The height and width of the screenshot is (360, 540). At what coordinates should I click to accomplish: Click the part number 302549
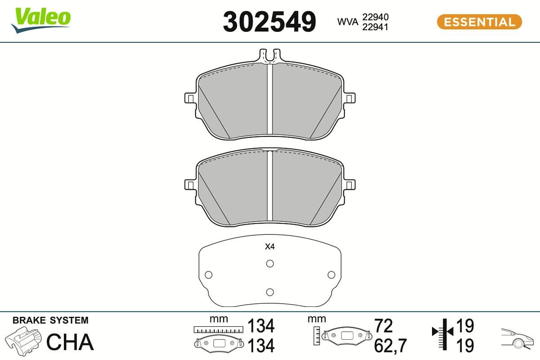tap(270, 21)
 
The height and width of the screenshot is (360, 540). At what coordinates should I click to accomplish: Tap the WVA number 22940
tap(375, 17)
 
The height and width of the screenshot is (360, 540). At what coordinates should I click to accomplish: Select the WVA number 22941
tap(375, 27)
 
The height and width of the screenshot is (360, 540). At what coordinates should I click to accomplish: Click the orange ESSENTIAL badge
tap(479, 22)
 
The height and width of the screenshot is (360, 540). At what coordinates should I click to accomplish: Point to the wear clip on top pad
tap(270, 56)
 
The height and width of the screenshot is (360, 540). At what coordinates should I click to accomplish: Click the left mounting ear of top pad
tap(190, 98)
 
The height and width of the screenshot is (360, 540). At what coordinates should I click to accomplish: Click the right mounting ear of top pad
tap(350, 98)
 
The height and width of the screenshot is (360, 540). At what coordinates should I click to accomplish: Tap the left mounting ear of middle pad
tap(190, 184)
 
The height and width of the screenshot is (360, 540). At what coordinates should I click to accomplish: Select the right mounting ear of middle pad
tap(350, 184)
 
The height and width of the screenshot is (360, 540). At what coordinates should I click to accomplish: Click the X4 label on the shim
tap(270, 247)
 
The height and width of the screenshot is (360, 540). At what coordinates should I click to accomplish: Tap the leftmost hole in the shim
tap(208, 274)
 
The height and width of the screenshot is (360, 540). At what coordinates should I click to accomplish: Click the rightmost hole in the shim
tap(332, 274)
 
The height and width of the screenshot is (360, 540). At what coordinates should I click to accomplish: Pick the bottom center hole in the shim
tap(270, 292)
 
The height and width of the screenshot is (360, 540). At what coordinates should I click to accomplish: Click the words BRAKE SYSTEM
tap(50, 320)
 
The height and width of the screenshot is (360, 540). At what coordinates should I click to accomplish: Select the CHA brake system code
tap(70, 342)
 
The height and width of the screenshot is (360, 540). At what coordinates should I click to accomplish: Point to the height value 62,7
tap(390, 346)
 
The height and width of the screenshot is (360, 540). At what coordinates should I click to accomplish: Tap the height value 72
tap(383, 325)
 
